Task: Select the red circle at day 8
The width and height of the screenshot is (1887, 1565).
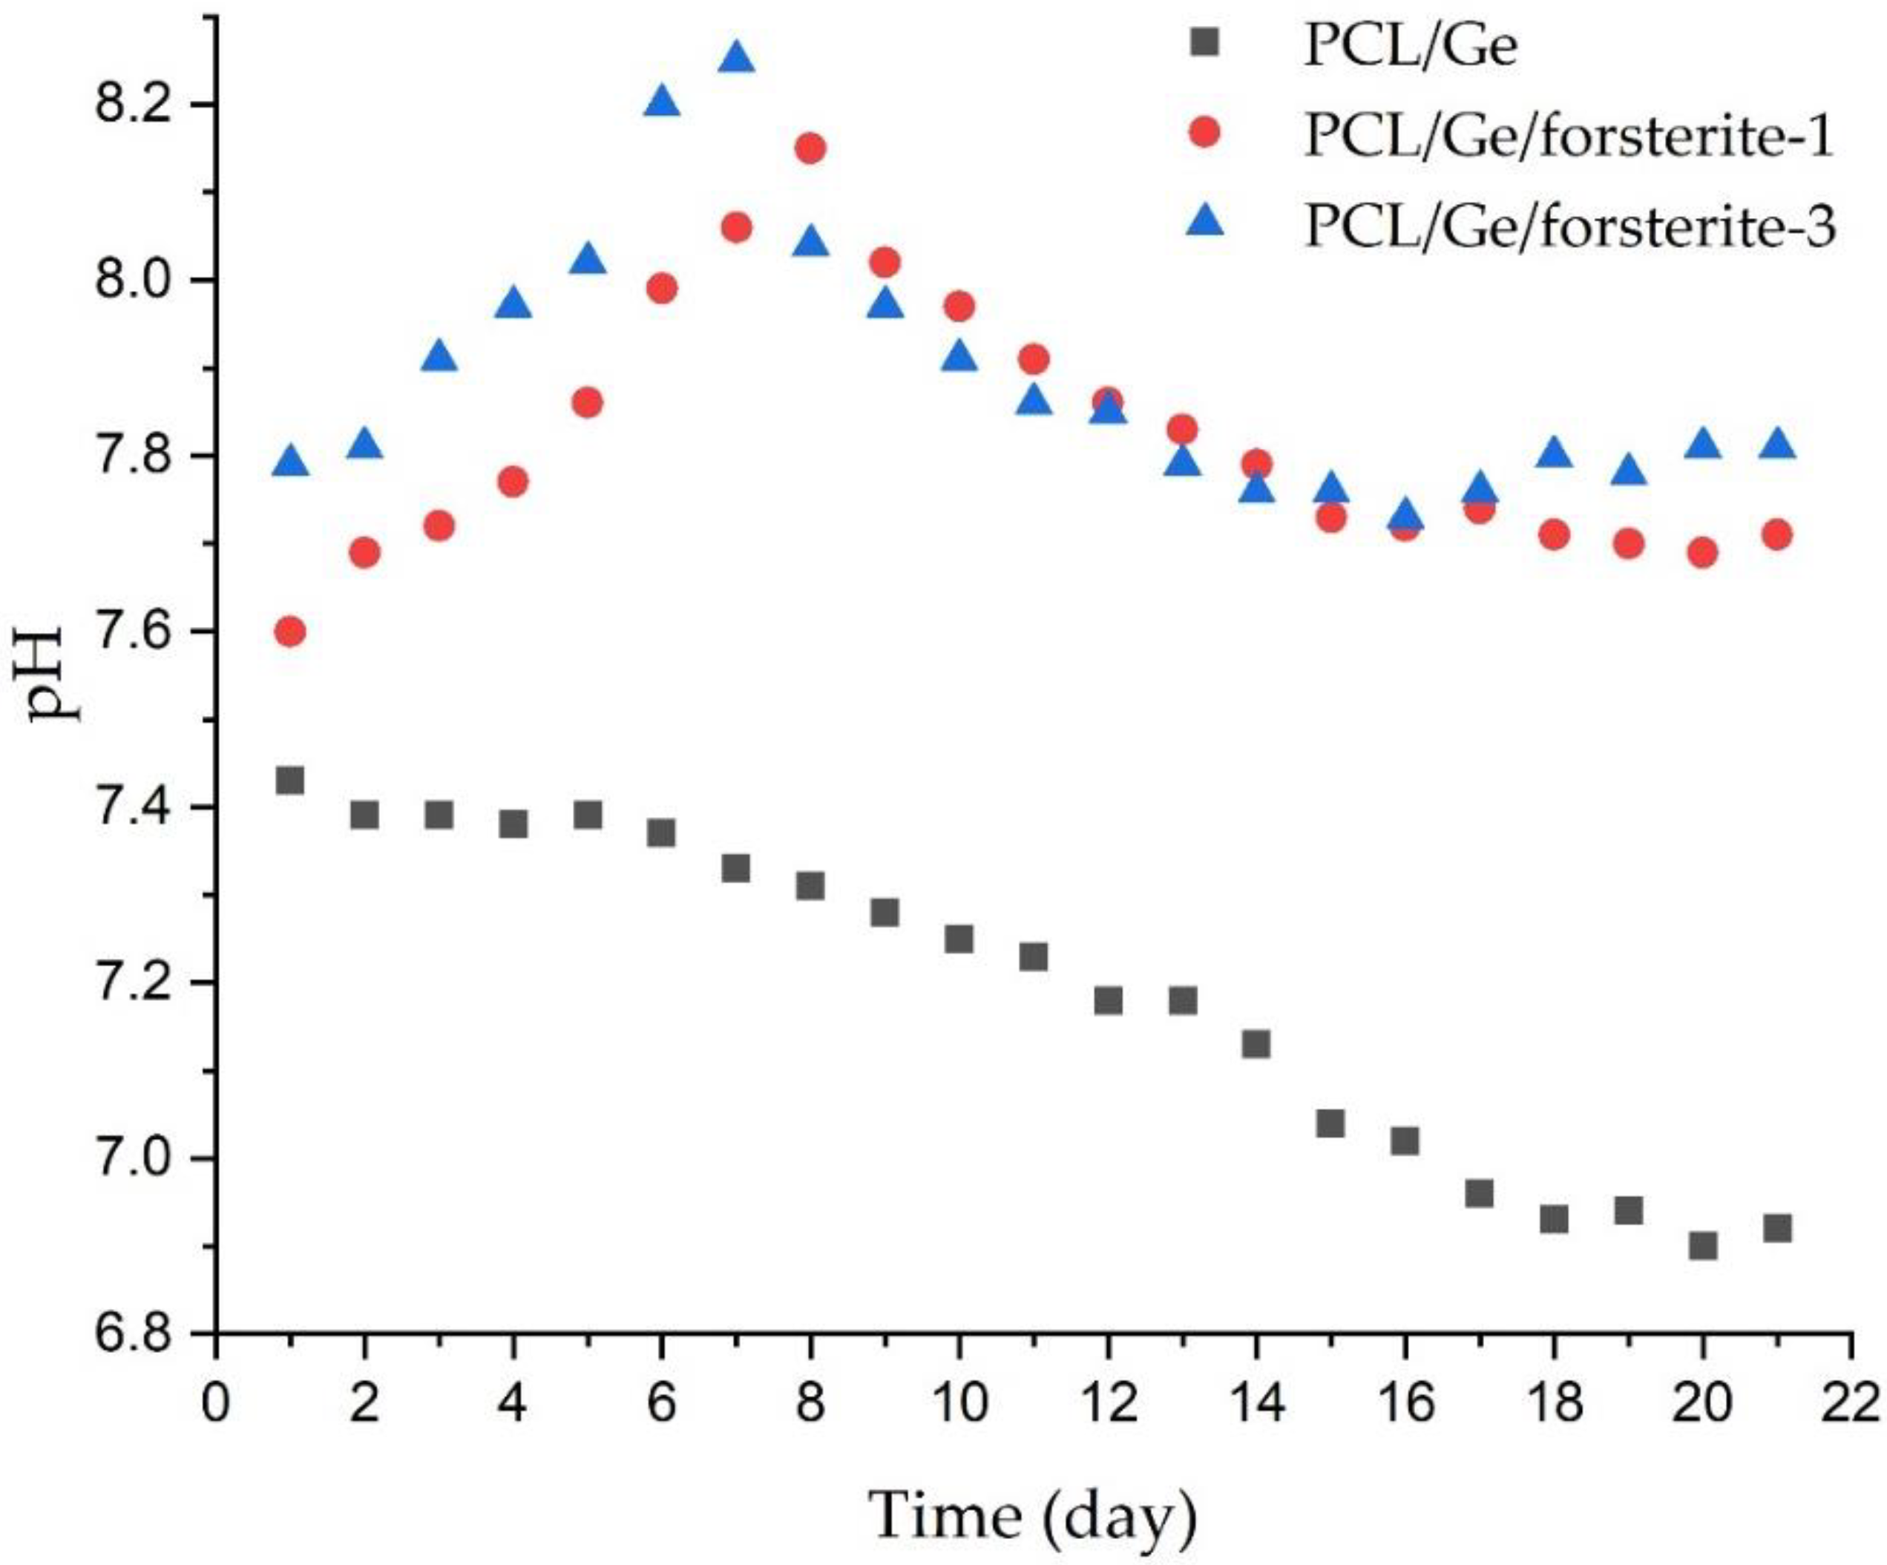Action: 810,148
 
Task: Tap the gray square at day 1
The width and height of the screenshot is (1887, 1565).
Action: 289,780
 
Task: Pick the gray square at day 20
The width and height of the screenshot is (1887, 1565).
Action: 1703,1246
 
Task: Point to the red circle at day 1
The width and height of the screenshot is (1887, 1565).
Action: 289,631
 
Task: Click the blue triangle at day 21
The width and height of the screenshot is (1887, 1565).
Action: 1777,444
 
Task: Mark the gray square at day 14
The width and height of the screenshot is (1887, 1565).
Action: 1256,1044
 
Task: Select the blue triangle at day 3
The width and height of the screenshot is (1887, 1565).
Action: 439,358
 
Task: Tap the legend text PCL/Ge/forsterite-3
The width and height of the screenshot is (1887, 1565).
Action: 1568,226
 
